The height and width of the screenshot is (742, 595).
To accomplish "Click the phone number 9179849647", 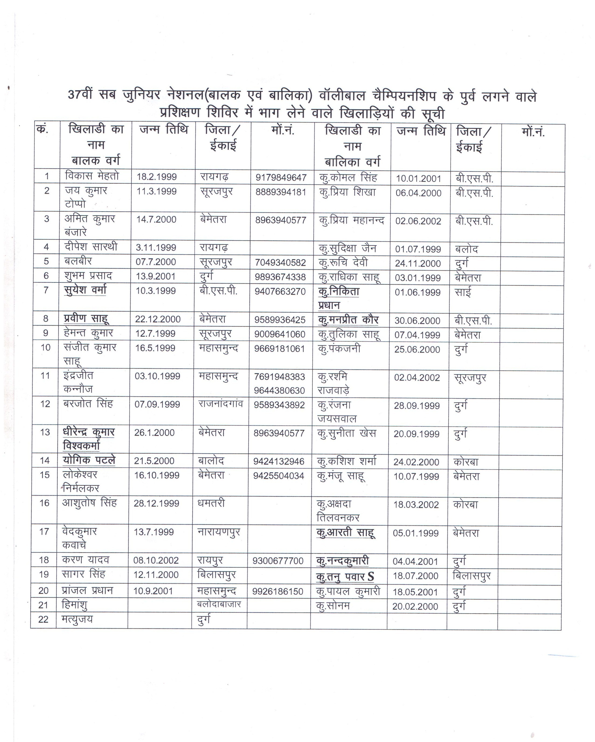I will pos(281,178).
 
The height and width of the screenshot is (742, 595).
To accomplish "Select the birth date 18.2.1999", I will pos(157,177).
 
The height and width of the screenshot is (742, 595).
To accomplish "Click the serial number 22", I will pos(43,619).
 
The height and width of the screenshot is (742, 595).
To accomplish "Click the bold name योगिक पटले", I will pos(89,460).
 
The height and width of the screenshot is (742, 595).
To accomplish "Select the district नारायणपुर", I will pos(219,532).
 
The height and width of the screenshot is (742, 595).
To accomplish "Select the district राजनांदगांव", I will pos(221,404).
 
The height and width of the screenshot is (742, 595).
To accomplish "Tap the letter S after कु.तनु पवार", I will pos(370,577).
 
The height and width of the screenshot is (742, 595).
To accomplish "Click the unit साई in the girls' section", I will pos(463,292).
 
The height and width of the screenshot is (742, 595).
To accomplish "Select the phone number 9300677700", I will pos(278,561).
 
